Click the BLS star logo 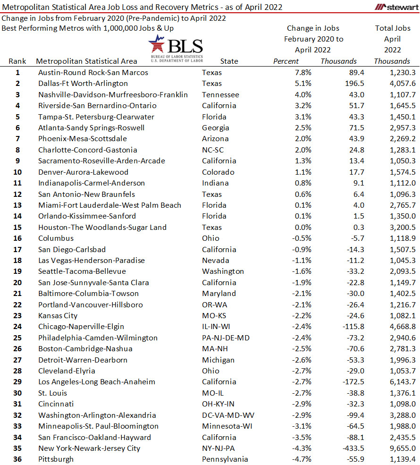click(x=158, y=44)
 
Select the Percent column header click(x=286, y=61)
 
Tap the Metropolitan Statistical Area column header click(x=86, y=61)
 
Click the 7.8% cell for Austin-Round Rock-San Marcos click(x=302, y=73)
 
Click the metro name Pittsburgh click(x=56, y=459)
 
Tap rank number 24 click(x=17, y=327)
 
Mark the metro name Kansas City click(x=58, y=316)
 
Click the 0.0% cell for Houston click(x=302, y=228)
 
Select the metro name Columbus click(x=56, y=238)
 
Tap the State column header click(x=229, y=61)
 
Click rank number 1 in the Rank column click(x=17, y=73)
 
